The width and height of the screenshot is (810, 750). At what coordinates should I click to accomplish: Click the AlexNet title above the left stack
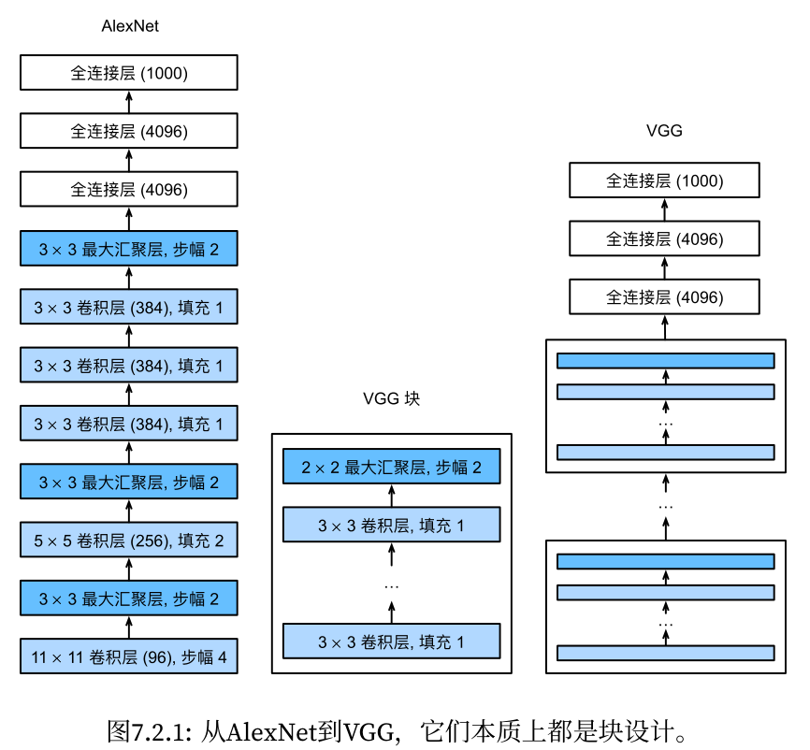[x=130, y=26]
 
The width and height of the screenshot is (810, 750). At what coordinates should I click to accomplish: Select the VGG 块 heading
[x=391, y=398]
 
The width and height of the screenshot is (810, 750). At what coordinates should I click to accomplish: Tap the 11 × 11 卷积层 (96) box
[x=129, y=656]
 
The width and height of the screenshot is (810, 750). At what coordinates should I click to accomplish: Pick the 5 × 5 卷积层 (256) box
[x=129, y=540]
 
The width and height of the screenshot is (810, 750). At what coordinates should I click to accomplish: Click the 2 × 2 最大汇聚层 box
[x=392, y=467]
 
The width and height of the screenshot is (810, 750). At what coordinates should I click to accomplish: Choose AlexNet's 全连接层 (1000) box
[x=129, y=72]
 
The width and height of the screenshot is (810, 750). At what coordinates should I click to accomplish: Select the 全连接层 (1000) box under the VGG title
[x=664, y=180]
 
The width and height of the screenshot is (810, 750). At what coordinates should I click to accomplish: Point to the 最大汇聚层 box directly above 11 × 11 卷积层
[x=129, y=599]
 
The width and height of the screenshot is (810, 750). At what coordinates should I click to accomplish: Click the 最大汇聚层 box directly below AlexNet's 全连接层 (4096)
[x=129, y=249]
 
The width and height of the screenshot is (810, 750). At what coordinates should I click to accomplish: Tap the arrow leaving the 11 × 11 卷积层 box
[x=129, y=627]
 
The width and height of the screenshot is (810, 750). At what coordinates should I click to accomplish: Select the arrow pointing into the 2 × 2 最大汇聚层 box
[x=392, y=496]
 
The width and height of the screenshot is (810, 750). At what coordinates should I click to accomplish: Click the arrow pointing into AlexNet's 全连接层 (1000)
[x=129, y=102]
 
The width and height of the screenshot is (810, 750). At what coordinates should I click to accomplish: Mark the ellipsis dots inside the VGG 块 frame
[x=392, y=587]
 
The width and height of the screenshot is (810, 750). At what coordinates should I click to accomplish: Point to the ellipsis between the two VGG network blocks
[x=666, y=507]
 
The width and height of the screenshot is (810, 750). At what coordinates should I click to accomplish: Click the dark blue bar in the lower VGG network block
[x=666, y=561]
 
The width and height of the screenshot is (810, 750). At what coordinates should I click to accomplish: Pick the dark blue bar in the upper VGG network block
[x=666, y=361]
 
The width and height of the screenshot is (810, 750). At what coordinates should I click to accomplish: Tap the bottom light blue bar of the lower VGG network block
[x=666, y=653]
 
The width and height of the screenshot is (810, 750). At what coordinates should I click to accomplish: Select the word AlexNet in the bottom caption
[x=271, y=731]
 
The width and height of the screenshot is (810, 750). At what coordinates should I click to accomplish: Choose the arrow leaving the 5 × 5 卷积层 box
[x=129, y=511]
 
